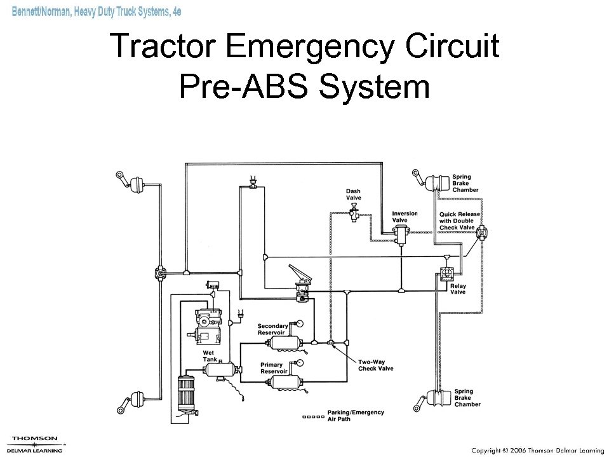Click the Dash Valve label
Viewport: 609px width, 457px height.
(353, 194)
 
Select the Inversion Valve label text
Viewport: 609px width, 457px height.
(405, 217)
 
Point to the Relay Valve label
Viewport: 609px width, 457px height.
(457, 289)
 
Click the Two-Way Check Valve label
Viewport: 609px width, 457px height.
(376, 365)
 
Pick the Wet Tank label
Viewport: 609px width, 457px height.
(210, 356)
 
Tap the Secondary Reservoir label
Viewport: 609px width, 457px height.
(273, 329)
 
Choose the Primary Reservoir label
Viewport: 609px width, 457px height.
(276, 368)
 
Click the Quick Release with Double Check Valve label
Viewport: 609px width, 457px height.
(459, 221)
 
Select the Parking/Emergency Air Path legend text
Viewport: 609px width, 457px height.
(356, 415)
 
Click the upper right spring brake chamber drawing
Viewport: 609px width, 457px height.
(438, 183)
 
